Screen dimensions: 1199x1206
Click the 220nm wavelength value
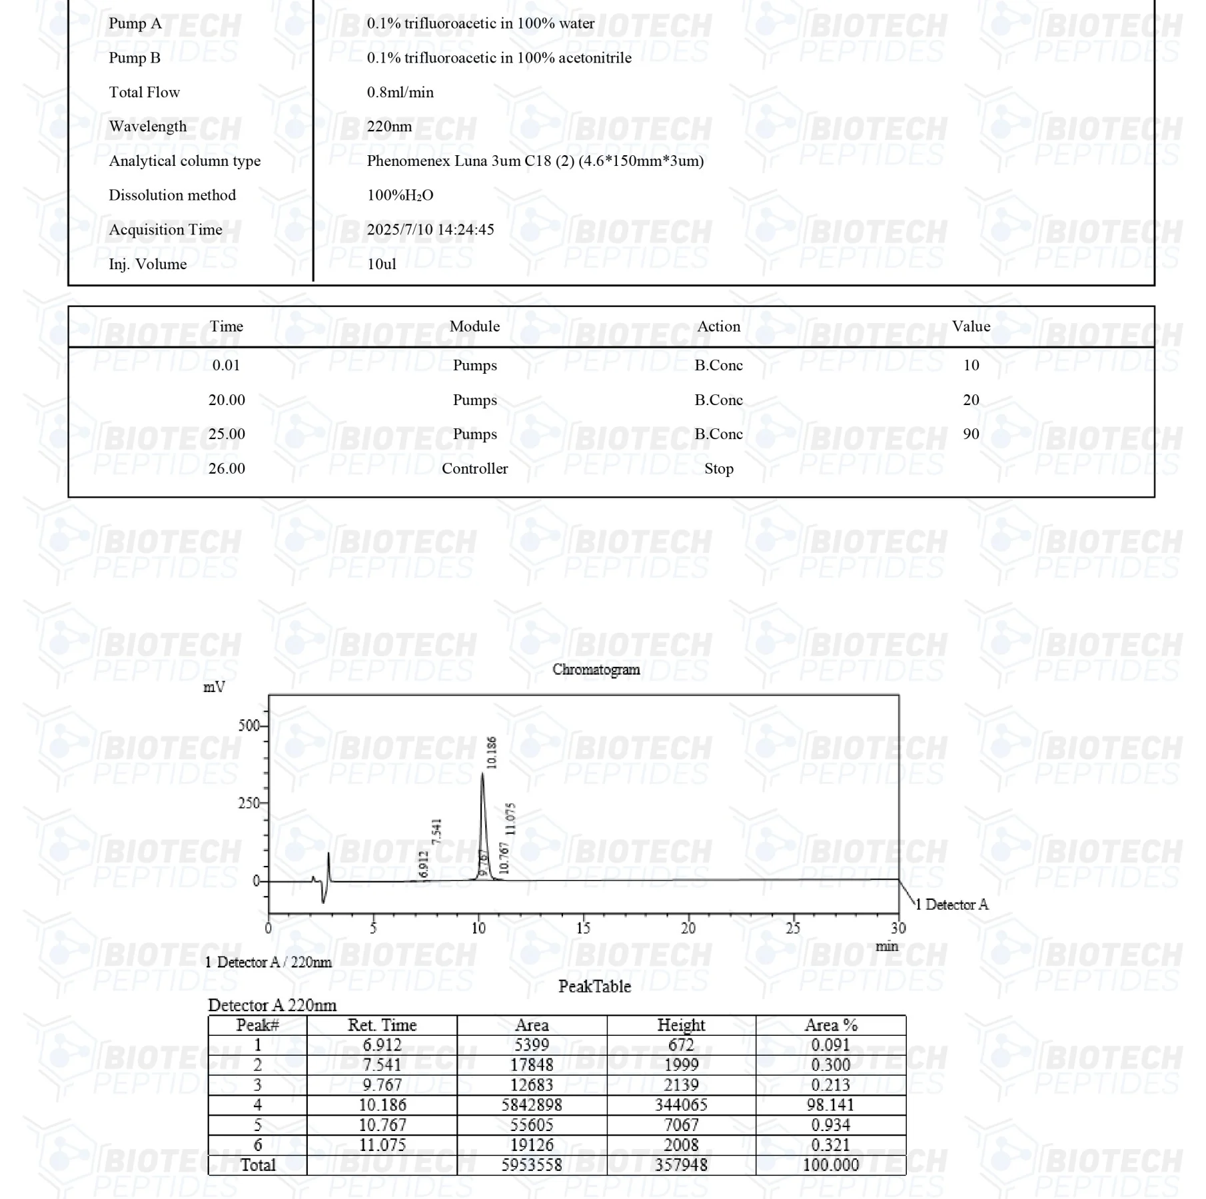pyautogui.click(x=389, y=127)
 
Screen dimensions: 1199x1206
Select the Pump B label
pyautogui.click(x=135, y=58)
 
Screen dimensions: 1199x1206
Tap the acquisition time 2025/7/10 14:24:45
pyautogui.click(x=430, y=230)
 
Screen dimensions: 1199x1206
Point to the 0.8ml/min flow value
pyautogui.click(x=400, y=93)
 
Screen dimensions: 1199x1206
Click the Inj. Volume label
pyautogui.click(x=147, y=264)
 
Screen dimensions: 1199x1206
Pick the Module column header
pyautogui.click(x=474, y=326)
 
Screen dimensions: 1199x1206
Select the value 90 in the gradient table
pyautogui.click(x=971, y=434)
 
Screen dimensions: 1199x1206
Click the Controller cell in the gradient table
pyautogui.click(x=474, y=469)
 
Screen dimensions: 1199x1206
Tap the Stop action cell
pyautogui.click(x=719, y=469)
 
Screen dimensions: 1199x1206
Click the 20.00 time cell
pyautogui.click(x=227, y=400)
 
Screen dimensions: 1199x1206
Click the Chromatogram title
pyautogui.click(x=596, y=670)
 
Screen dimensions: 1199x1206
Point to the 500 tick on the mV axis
pyautogui.click(x=249, y=726)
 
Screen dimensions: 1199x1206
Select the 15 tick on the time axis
pyautogui.click(x=583, y=928)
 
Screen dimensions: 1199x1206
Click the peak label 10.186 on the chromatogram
pyautogui.click(x=492, y=753)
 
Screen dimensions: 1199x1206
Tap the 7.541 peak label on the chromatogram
pyautogui.click(x=437, y=832)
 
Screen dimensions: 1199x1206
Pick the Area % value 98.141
pyautogui.click(x=830, y=1105)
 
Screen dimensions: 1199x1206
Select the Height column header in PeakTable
pyautogui.click(x=681, y=1025)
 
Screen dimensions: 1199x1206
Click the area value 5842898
pyautogui.click(x=532, y=1105)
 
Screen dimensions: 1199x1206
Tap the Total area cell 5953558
pyautogui.click(x=532, y=1165)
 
